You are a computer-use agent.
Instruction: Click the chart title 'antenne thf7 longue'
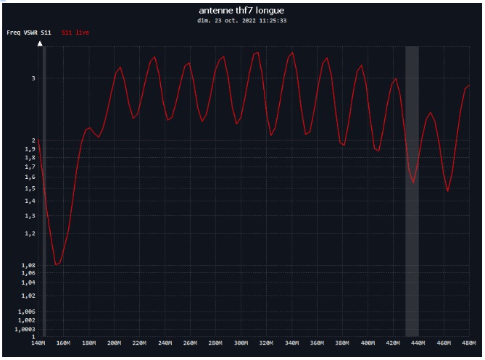(242, 10)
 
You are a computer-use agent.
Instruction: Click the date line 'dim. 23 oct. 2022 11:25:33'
(242, 21)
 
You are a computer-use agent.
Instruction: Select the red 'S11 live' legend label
(75, 33)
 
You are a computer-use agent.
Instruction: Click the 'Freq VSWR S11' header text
(29, 33)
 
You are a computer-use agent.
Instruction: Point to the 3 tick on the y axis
(32, 78)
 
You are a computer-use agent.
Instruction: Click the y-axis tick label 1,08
(28, 265)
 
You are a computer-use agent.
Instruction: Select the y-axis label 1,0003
(25, 329)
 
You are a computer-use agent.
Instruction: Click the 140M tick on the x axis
(39, 343)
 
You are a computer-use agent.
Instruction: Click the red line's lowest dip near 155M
(57, 265)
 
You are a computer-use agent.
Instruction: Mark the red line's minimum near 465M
(448, 191)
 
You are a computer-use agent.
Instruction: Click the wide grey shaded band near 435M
(412, 188)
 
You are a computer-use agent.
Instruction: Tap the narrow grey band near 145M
(44, 188)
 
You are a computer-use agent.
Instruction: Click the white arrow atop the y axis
(40, 44)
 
